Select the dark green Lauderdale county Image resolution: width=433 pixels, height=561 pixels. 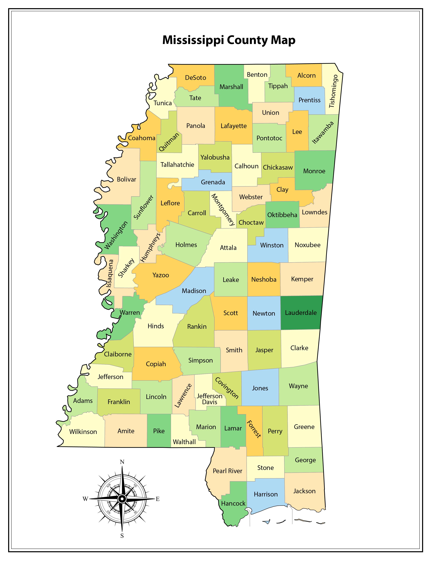point(301,313)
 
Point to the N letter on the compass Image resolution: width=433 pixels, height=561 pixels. point(122,462)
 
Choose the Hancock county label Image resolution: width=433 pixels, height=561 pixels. point(233,503)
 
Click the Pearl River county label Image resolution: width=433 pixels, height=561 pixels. point(227,471)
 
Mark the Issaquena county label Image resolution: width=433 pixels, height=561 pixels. point(110,273)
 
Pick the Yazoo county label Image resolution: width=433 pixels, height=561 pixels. point(161,275)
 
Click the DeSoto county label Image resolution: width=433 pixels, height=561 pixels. point(195,78)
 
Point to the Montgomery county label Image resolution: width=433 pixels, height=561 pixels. point(223,210)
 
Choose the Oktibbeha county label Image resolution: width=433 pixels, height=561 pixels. point(282,215)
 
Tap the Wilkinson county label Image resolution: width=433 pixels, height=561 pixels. point(83,432)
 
